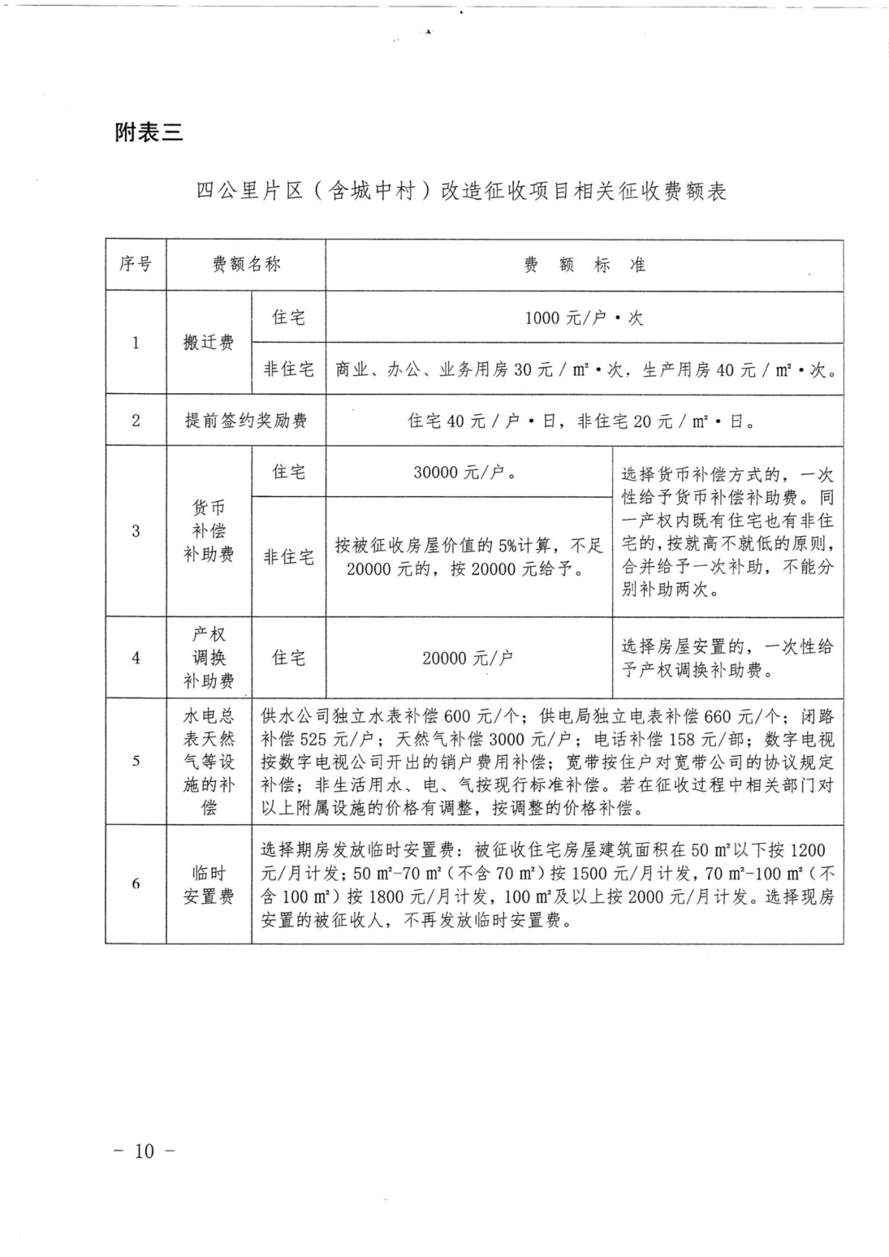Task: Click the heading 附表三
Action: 148,133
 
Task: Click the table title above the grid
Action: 461,191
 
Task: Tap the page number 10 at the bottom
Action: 144,1151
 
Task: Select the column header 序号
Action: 136,264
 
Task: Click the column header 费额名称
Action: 246,264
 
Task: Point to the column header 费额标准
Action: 584,265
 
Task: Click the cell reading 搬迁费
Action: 208,343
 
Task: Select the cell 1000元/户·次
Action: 584,318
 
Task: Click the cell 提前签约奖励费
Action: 246,421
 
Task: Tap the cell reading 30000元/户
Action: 468,472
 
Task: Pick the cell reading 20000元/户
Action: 468,658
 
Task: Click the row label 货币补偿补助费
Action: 208,531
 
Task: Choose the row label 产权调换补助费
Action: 208,658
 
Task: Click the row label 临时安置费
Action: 208,885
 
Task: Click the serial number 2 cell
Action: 136,421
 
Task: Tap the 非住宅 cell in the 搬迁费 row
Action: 289,369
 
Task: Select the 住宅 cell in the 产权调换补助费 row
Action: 289,658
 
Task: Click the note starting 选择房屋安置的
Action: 727,658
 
